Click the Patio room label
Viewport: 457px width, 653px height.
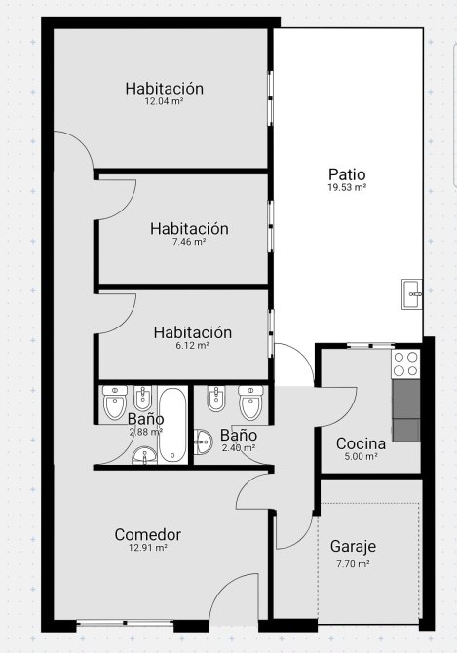347,174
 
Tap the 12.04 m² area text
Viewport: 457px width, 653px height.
165,101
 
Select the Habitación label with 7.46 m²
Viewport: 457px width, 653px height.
189,229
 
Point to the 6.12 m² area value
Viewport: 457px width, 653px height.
192,345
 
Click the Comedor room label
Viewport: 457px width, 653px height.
148,535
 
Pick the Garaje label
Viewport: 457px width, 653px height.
353,547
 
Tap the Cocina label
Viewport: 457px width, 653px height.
361,443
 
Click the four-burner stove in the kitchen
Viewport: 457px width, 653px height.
405,364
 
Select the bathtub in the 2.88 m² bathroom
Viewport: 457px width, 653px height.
172,425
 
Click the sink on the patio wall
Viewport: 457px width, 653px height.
412,294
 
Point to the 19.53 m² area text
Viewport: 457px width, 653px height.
347,187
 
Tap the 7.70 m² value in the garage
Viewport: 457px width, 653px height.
353,564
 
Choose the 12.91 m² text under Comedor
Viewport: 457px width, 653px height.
148,548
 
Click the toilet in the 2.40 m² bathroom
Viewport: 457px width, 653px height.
250,402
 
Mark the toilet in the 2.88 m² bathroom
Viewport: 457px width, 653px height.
115,403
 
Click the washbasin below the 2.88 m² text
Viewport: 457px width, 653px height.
144,455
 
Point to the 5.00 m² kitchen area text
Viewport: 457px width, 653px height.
361,456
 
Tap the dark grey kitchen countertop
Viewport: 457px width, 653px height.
406,410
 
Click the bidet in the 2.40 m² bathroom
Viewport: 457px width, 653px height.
216,399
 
